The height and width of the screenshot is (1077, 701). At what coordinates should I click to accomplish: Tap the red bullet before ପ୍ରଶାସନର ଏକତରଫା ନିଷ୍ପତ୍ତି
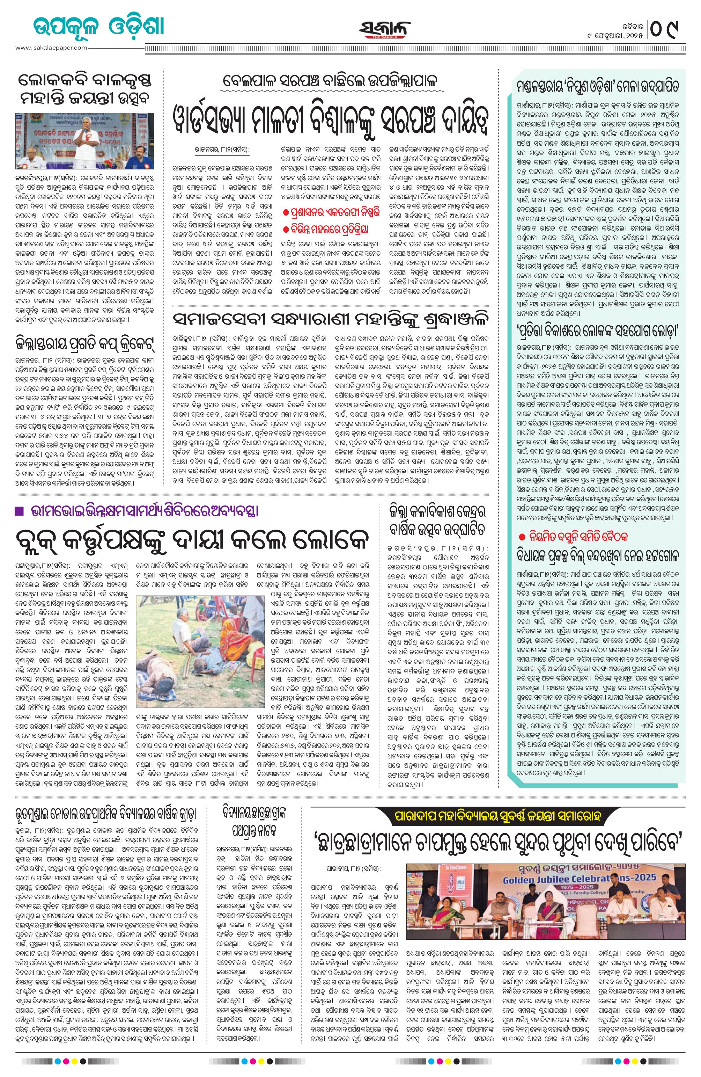(x=286, y=213)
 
